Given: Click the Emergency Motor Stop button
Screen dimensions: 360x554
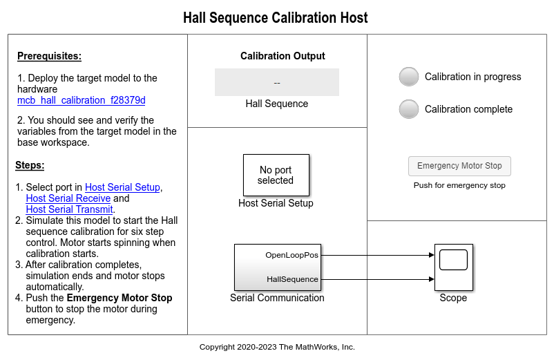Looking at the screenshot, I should tap(459, 166).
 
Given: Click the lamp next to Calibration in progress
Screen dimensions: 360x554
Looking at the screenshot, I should tap(409, 77).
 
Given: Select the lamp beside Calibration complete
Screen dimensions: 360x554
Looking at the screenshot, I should tap(409, 109).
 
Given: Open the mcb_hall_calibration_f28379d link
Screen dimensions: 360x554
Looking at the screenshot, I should tap(81, 100).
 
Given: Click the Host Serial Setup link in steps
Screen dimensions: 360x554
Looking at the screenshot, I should tap(123, 187).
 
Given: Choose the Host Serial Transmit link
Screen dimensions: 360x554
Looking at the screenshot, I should tap(69, 209).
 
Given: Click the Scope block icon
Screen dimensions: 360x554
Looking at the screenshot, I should tap(453, 267).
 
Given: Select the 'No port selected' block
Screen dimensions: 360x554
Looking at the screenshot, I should tap(276, 175).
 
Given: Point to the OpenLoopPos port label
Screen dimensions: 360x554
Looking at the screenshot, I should tap(292, 255).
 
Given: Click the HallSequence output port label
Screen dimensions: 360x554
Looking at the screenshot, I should tap(292, 279).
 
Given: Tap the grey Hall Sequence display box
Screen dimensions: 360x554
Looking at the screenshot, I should tap(276, 82).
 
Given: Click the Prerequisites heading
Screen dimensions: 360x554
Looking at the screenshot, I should tap(49, 56).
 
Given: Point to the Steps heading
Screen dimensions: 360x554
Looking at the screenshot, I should tap(30, 165).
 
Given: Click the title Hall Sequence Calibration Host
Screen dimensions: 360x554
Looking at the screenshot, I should tap(276, 18).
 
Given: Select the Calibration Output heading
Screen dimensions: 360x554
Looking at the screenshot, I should tap(283, 56).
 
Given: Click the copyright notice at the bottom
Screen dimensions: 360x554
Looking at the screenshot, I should tap(277, 347).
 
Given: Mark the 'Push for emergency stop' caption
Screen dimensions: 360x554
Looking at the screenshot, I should tap(459, 185).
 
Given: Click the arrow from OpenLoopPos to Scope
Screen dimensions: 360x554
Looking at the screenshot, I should tap(376, 255).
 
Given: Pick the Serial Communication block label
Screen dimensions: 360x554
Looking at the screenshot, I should tap(277, 298).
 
